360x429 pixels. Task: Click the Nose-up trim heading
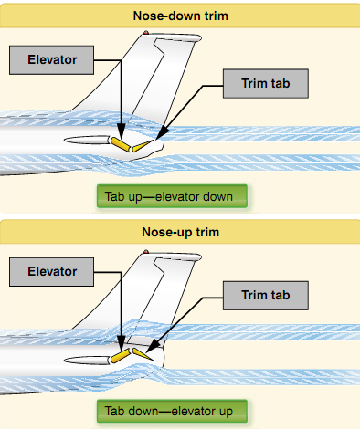pyautogui.click(x=179, y=232)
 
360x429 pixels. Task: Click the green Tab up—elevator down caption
pyautogui.click(x=172, y=197)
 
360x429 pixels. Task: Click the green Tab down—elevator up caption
pyautogui.click(x=172, y=411)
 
